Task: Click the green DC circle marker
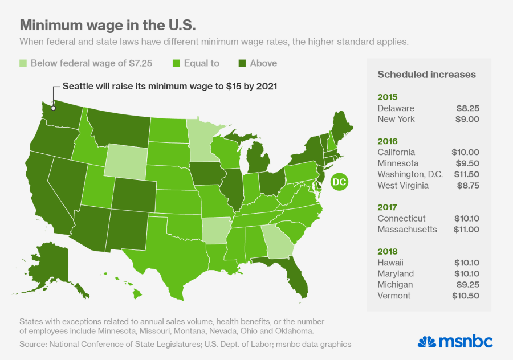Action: coord(338,182)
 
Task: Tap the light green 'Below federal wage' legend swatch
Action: coord(23,63)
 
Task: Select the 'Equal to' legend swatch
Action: coord(176,63)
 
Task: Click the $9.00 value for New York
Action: coord(467,119)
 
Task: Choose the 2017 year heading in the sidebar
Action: coord(387,207)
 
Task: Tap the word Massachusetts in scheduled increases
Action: coord(407,229)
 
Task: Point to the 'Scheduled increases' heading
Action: coord(426,75)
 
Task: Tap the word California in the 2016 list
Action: coord(396,152)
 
